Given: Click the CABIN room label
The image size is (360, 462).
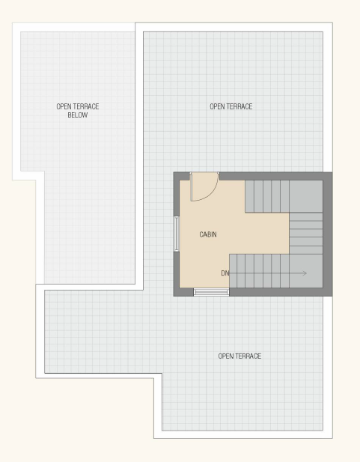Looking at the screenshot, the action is point(208,234).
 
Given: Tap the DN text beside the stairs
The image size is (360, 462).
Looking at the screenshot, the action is point(225,273).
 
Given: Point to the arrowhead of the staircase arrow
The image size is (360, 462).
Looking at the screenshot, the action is point(305,273).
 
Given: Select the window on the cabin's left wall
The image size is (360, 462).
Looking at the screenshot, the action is point(177,234).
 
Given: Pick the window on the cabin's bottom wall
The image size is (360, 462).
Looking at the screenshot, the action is point(211,292).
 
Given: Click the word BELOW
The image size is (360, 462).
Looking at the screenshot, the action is point(78,115).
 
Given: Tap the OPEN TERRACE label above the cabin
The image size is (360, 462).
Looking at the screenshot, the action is point(231,106).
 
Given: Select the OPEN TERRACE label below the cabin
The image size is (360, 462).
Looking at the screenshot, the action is point(240,356).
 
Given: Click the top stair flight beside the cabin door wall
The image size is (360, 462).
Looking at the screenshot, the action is point(267,196).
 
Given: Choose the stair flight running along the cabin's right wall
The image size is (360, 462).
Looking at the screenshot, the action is point(306,234).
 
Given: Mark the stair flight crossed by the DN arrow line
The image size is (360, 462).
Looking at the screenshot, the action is point(259,271).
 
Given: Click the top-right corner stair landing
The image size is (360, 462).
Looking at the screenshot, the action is point(306,196).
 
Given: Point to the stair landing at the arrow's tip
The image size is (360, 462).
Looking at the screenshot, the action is point(306,271).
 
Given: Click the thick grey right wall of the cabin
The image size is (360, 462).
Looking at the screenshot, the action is point(328,234).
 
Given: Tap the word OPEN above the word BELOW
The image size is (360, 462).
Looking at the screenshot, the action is point(61,106).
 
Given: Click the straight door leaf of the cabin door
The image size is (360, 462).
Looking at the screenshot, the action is point(191,187).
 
